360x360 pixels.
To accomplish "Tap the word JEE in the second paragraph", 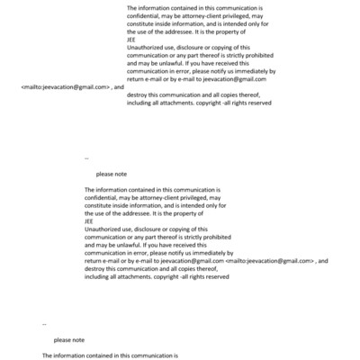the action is click(x=88, y=221).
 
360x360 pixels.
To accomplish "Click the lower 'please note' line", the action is click(x=68, y=340).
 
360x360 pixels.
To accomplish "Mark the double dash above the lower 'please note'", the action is click(x=44, y=323).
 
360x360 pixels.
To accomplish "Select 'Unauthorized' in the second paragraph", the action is click(x=103, y=229).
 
